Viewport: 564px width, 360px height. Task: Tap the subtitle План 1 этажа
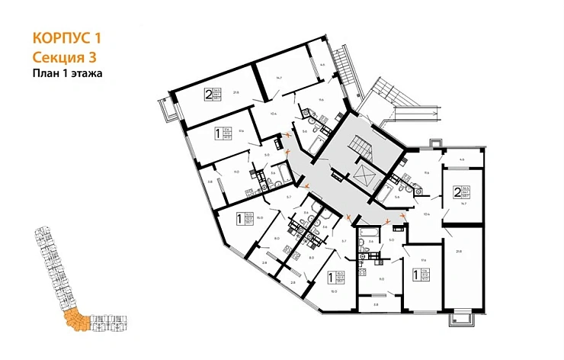pyautogui.click(x=68, y=73)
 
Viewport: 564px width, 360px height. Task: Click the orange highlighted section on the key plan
pyautogui.click(x=75, y=320)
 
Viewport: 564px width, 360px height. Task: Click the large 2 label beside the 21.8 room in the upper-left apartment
pyautogui.click(x=208, y=95)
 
